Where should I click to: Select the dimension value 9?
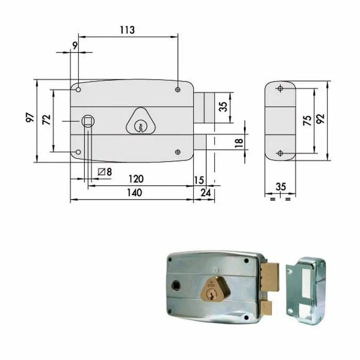(x=75, y=46)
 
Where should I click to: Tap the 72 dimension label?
(x=46, y=120)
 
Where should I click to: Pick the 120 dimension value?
(x=135, y=179)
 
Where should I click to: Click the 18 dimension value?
(x=238, y=142)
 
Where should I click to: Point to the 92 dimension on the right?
(x=320, y=119)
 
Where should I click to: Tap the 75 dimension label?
(x=307, y=120)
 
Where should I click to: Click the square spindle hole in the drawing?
(x=87, y=121)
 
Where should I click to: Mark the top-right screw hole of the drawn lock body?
(x=177, y=90)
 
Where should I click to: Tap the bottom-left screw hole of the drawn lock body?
(x=78, y=152)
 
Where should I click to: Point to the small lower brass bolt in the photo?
(x=266, y=308)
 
